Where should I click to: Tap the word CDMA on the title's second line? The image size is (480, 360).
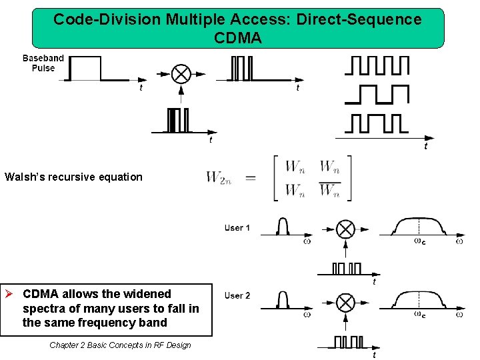click(x=238, y=39)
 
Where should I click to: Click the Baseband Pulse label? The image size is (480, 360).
click(x=43, y=63)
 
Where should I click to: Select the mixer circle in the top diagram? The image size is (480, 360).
click(x=181, y=73)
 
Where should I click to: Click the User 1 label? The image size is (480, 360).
click(x=237, y=228)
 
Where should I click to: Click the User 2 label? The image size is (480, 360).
click(x=237, y=295)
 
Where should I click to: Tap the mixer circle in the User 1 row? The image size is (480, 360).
click(x=345, y=230)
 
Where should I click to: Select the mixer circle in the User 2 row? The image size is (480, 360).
click(x=345, y=303)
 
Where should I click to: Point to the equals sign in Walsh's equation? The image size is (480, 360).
click(x=251, y=177)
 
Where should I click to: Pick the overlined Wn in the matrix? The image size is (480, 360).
click(x=329, y=191)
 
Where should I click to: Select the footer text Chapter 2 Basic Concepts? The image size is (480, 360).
click(x=120, y=345)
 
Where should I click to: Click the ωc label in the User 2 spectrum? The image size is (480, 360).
click(x=420, y=314)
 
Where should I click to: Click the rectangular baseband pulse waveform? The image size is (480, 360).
click(x=87, y=68)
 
